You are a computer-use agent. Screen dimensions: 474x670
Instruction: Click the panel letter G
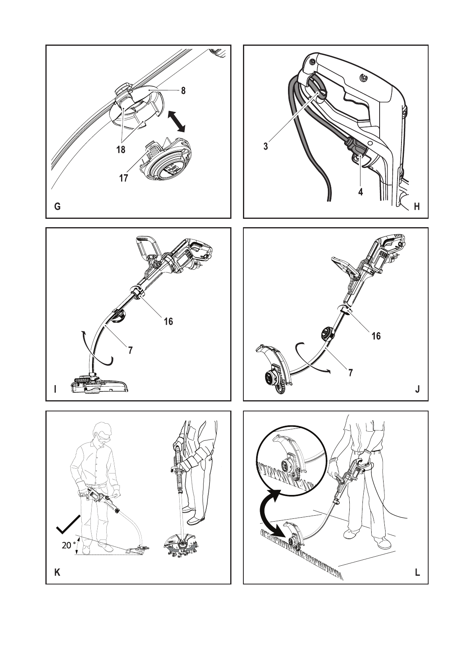57,207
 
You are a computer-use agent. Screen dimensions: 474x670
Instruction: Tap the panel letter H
417,206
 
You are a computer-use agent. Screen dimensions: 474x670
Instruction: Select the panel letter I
55,390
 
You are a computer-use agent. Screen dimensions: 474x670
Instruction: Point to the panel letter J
417,390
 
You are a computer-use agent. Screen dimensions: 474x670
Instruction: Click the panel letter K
57,573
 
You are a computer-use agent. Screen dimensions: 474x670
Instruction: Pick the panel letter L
417,573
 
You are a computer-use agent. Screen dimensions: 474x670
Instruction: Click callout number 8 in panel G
183,91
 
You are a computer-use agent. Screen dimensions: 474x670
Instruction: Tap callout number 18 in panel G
121,150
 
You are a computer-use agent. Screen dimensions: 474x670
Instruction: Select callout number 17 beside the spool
123,178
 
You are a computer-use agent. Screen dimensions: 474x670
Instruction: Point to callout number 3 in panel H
266,146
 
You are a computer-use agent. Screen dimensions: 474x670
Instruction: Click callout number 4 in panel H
360,191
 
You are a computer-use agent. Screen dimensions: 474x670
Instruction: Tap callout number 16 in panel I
168,321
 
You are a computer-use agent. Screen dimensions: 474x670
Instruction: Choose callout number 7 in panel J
351,373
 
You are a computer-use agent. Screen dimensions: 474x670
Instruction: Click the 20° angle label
68,545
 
